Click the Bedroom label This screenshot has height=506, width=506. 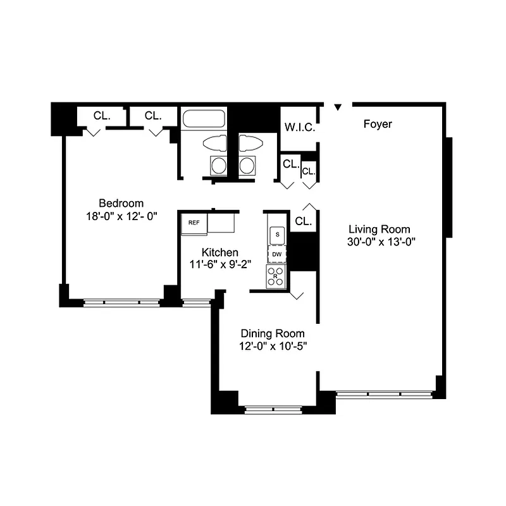(x=121, y=203)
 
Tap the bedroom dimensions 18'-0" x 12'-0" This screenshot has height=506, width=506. (x=121, y=215)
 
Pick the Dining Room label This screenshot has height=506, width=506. (x=272, y=333)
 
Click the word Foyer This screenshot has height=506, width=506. (x=378, y=124)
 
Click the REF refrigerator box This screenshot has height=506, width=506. (x=194, y=223)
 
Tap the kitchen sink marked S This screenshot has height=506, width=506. (x=277, y=234)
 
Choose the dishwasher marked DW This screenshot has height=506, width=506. (x=277, y=254)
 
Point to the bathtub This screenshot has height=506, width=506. (x=203, y=120)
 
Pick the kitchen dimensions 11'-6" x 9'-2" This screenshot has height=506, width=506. (x=221, y=264)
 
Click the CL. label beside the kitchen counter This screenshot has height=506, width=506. (x=303, y=221)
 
